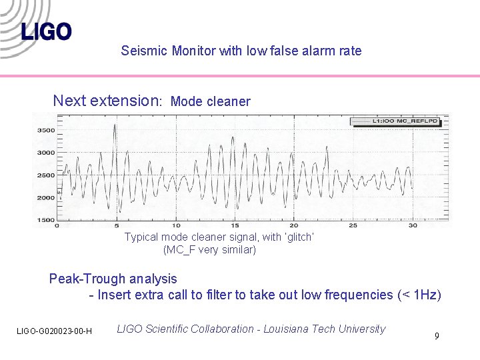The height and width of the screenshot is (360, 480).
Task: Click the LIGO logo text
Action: pyautogui.click(x=46, y=31)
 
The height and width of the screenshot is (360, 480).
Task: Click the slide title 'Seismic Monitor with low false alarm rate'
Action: pyautogui.click(x=241, y=51)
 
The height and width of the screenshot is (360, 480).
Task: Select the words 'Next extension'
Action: pyautogui.click(x=105, y=101)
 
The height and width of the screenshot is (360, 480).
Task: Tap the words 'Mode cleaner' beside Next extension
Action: pyautogui.click(x=211, y=102)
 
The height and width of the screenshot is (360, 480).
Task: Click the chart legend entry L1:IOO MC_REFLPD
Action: pyautogui.click(x=396, y=121)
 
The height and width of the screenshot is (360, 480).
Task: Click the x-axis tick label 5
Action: pyautogui.click(x=117, y=226)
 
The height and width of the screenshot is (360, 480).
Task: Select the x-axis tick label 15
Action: pyautogui.click(x=235, y=226)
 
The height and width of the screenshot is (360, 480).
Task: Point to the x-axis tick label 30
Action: pyautogui.click(x=413, y=226)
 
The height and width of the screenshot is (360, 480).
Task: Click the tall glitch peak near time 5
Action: pyautogui.click(x=115, y=127)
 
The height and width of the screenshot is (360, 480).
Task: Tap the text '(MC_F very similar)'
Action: pyautogui.click(x=209, y=250)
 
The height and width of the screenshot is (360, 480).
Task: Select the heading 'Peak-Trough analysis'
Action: pyautogui.click(x=113, y=279)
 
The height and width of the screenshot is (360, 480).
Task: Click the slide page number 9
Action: pyautogui.click(x=437, y=336)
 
